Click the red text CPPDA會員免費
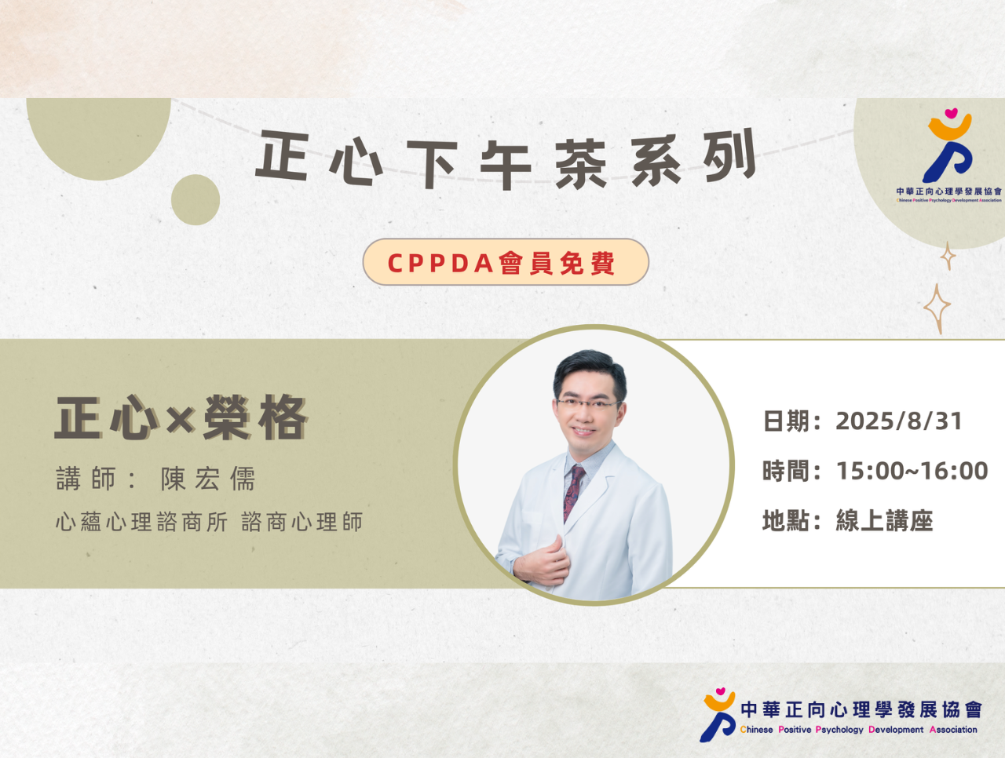click(502, 263)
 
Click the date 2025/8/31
click(899, 421)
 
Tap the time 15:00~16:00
click(912, 471)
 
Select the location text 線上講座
click(885, 520)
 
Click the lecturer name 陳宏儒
click(208, 479)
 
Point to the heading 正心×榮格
click(181, 418)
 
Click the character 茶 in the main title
click(581, 164)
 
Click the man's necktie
click(574, 493)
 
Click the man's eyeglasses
click(589, 404)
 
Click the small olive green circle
click(196, 199)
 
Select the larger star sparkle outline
click(937, 308)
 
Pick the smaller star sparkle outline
click(948, 256)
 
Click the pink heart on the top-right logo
click(951, 112)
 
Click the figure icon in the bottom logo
click(718, 715)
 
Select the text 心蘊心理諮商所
click(142, 522)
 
